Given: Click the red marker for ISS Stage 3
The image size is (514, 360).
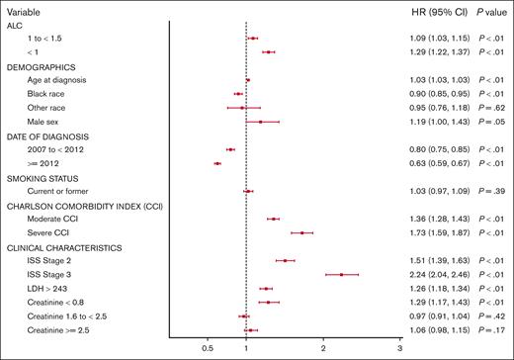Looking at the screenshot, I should point(341,274).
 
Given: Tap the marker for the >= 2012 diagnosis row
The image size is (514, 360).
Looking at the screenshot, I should point(216,163).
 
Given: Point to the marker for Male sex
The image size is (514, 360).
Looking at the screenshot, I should point(260,122).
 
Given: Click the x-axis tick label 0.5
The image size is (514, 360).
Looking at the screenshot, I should point(208,349).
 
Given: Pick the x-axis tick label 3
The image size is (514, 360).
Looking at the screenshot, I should point(399,349).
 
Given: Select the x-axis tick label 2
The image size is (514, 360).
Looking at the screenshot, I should point(323,349).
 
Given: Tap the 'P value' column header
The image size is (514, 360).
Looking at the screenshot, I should point(487,9).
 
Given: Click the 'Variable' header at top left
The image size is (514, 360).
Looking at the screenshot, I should point(25,9).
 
